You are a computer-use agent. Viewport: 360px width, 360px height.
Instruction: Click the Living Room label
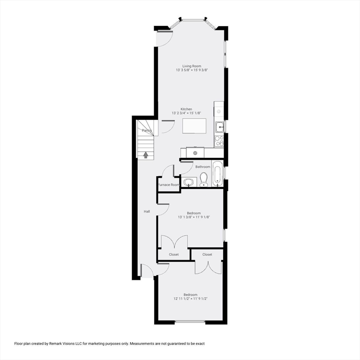pos(192,66)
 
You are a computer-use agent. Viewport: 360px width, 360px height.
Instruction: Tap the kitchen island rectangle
pos(194,126)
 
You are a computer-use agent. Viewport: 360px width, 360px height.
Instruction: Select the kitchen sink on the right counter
pos(219,126)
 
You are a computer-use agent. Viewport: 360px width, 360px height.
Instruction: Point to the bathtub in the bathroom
pos(218,173)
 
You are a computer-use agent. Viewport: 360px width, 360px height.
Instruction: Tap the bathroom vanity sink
pos(188,182)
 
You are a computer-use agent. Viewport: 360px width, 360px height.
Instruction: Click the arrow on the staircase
pos(146,154)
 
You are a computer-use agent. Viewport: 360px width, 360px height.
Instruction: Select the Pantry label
pos(147,130)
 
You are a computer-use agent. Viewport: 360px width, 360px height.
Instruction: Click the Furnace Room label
pos(168,185)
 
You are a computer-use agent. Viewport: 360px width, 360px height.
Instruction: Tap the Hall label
pos(147,211)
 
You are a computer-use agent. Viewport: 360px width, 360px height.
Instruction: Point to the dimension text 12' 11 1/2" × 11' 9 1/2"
pos(190,298)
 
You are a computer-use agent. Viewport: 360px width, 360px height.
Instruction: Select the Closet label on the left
pos(174,255)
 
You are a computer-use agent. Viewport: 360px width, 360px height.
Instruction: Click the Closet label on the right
pos(207,255)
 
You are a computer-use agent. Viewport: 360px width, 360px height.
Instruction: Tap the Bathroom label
pos(203,167)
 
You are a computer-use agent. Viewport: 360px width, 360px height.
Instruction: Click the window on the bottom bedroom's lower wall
pos(190,322)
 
